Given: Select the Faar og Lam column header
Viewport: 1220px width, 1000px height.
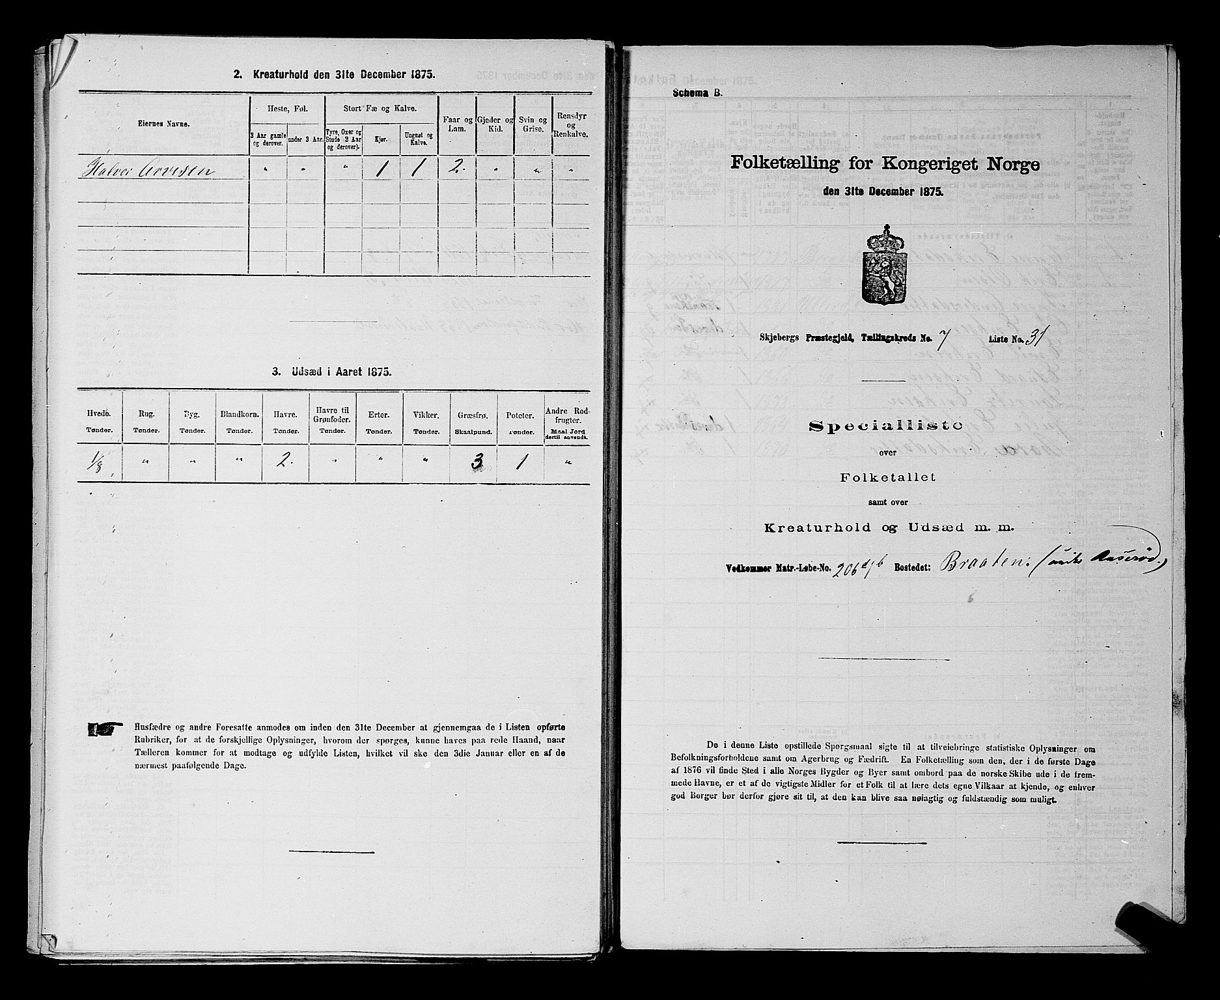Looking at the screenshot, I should coord(455,124).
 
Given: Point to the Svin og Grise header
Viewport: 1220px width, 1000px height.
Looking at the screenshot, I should coord(533,124).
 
